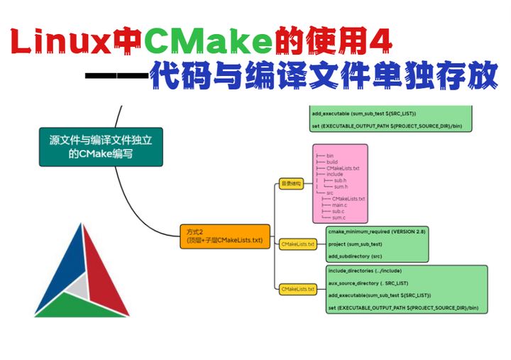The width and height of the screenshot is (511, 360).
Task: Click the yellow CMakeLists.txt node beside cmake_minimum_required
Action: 298,244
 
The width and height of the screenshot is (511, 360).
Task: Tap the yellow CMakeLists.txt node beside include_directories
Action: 298,289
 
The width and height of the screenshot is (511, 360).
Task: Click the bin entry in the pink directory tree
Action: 332,156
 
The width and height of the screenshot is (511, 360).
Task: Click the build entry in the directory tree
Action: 332,162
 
